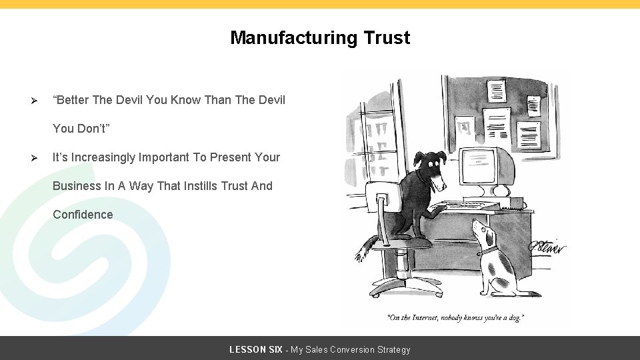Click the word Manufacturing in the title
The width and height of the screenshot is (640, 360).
[294, 38]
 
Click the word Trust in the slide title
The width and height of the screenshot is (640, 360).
[387, 38]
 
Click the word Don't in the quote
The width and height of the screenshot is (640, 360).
[98, 129]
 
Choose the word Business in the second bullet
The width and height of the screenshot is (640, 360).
[77, 186]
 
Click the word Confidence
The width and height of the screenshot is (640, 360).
[83, 215]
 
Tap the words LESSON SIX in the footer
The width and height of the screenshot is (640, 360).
[255, 349]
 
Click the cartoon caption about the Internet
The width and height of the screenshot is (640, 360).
[455, 318]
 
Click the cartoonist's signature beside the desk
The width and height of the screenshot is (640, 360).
[547, 247]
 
